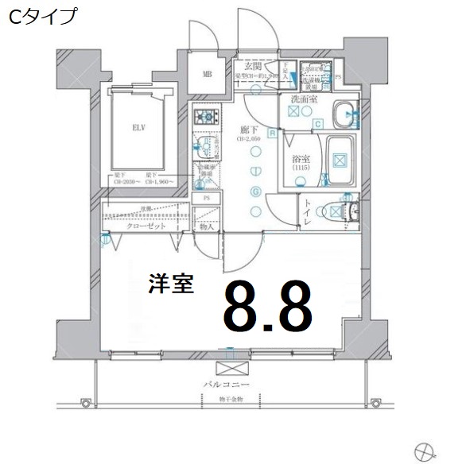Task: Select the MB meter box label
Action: pyautogui.click(x=207, y=75)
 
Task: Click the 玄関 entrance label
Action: pyautogui.click(x=254, y=66)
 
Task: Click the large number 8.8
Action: pyautogui.click(x=267, y=305)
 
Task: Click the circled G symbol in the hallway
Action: pyautogui.click(x=255, y=191)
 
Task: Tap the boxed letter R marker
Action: pyautogui.click(x=272, y=133)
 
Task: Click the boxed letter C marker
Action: pyautogui.click(x=317, y=123)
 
